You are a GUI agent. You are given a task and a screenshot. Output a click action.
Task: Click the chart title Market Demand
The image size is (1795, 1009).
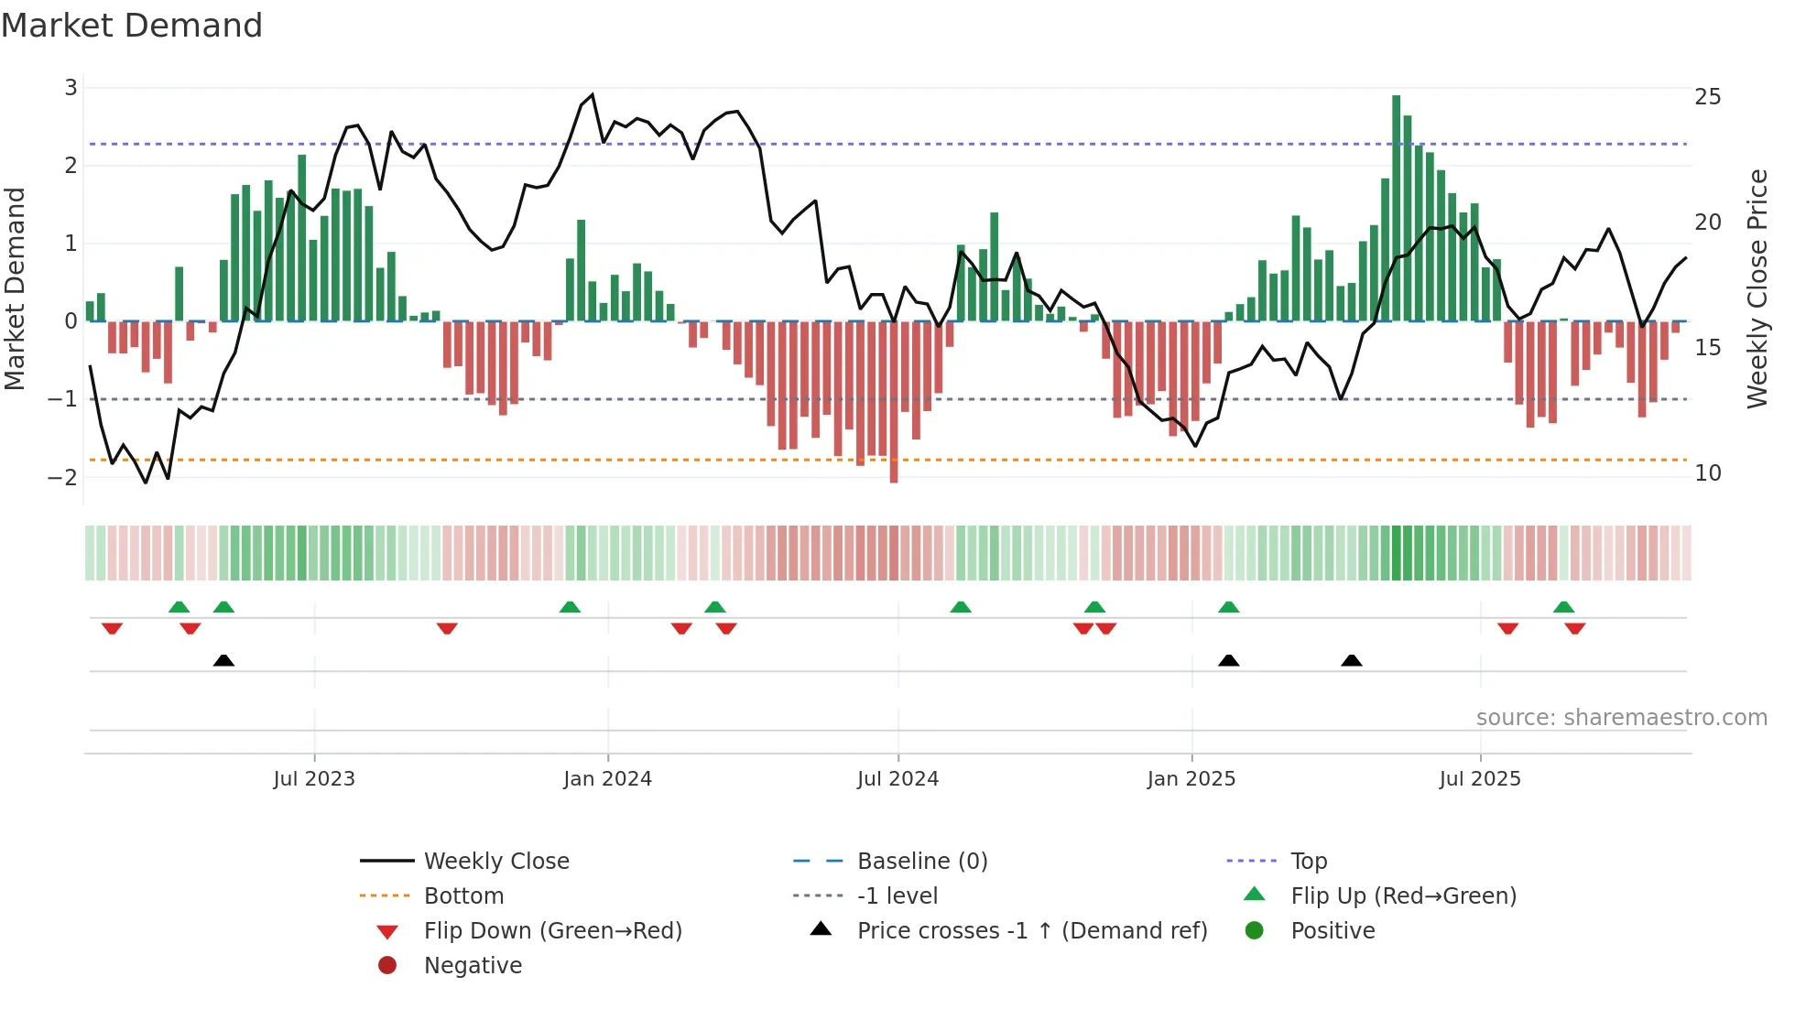pyautogui.click(x=132, y=26)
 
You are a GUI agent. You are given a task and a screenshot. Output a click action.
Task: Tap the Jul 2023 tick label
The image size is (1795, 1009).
pyautogui.click(x=314, y=779)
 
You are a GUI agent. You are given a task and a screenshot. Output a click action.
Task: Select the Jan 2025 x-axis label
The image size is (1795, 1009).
pyautogui.click(x=1191, y=779)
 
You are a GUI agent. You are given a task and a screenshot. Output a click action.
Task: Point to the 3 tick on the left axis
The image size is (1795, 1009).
pyautogui.click(x=71, y=88)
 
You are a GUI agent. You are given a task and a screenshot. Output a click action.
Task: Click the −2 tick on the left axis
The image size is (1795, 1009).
pyautogui.click(x=64, y=477)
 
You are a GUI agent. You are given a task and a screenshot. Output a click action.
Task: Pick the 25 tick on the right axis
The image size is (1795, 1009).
pyautogui.click(x=1707, y=97)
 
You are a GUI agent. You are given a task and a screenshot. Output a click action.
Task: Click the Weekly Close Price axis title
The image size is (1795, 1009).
pyautogui.click(x=1757, y=288)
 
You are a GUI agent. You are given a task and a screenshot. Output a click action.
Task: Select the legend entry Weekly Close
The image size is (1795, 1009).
pyautogui.click(x=495, y=862)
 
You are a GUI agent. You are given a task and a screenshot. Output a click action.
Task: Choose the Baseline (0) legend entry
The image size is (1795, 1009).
pyautogui.click(x=921, y=862)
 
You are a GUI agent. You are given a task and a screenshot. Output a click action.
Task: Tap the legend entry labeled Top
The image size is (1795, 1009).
pyautogui.click(x=1308, y=862)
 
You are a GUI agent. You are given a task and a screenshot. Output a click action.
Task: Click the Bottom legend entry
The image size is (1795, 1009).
pyautogui.click(x=463, y=896)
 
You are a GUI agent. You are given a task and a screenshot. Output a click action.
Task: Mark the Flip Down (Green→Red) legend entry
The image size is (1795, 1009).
pyautogui.click(x=552, y=931)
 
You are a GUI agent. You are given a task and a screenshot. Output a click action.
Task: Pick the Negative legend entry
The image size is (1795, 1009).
pyautogui.click(x=473, y=966)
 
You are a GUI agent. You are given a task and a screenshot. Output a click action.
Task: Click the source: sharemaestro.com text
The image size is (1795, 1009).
pyautogui.click(x=1621, y=718)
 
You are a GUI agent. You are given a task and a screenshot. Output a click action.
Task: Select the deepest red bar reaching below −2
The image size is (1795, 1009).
pyautogui.click(x=894, y=403)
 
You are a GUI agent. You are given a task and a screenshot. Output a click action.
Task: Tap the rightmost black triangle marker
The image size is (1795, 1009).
pyautogui.click(x=1351, y=660)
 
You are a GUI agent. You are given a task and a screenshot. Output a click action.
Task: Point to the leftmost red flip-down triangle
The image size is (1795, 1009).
pyautogui.click(x=112, y=628)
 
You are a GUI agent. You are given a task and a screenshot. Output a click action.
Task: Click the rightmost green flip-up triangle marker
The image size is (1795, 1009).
pyautogui.click(x=1563, y=607)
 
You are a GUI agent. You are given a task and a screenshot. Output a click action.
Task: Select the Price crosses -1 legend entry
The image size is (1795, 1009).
pyautogui.click(x=1031, y=931)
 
